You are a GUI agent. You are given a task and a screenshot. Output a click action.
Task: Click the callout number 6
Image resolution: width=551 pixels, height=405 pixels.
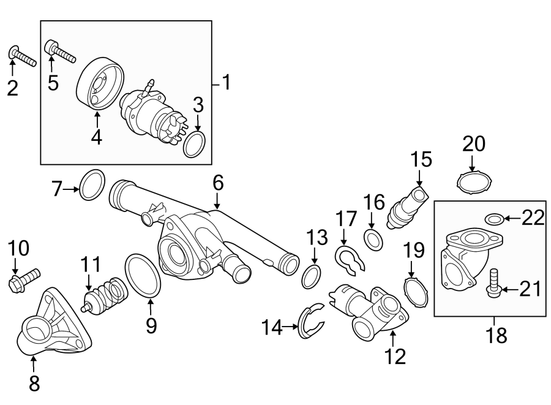click(218, 182)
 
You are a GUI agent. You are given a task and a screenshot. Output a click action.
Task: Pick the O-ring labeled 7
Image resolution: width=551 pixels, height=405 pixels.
click(92, 184)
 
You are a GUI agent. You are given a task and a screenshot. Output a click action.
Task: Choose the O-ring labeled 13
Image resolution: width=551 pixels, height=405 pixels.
click(312, 277)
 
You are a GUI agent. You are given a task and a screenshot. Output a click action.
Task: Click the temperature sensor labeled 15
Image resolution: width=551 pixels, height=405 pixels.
click(407, 203)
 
